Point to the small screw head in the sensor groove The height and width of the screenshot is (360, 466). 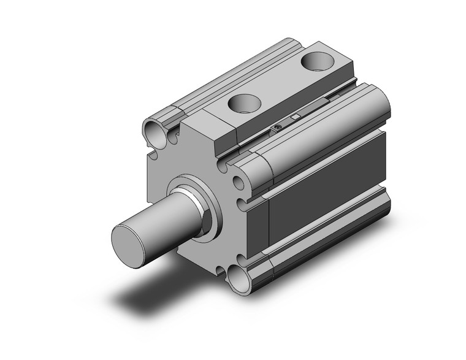[x=278, y=127]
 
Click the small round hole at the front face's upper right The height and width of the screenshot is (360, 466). [x=237, y=182]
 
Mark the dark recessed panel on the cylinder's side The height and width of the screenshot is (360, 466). [x=325, y=191]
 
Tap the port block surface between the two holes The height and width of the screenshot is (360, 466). [x=279, y=83]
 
